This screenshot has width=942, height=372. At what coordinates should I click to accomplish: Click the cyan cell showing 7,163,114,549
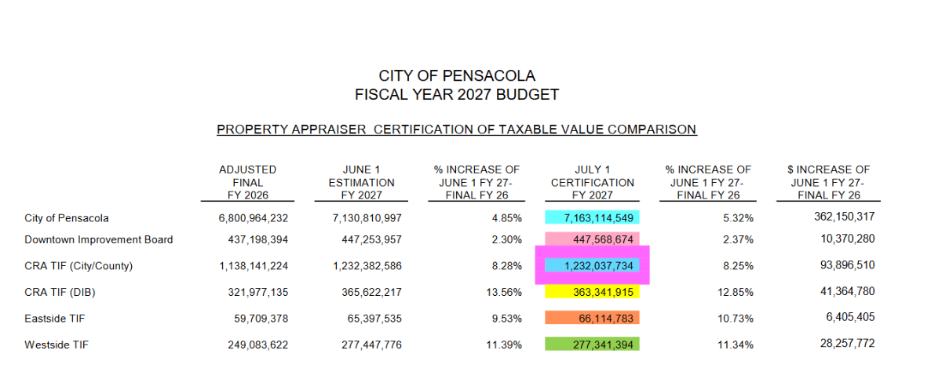(592, 217)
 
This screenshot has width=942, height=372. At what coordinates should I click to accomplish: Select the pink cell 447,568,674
(592, 239)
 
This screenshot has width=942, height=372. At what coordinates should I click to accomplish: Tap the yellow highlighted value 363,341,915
(592, 292)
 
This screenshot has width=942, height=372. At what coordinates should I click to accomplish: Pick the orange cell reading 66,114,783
(592, 318)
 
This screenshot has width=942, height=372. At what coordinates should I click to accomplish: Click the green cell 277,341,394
(592, 344)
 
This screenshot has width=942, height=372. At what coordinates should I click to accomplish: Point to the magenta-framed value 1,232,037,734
(592, 265)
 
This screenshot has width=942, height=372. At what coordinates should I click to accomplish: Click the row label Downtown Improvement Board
(99, 239)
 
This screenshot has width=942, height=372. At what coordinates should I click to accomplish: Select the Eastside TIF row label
(55, 319)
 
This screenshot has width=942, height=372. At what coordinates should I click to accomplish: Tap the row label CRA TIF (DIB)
(60, 292)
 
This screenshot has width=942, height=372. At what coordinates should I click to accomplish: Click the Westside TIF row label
(57, 345)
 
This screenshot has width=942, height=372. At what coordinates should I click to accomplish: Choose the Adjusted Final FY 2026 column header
(248, 182)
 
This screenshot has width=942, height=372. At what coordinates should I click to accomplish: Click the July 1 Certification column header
(593, 182)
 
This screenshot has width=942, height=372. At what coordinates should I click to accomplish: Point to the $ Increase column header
(828, 182)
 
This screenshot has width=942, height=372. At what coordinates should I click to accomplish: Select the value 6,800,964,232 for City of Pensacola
(253, 218)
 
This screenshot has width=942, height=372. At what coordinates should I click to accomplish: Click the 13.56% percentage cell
(504, 292)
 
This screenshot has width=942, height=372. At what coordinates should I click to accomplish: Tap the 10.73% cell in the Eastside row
(735, 319)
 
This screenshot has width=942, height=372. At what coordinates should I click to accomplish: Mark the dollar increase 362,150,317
(844, 217)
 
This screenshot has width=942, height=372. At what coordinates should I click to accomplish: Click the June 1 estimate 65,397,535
(374, 319)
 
